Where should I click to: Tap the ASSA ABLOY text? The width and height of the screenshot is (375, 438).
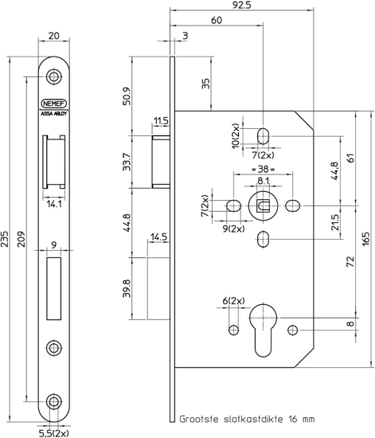(x=54, y=113)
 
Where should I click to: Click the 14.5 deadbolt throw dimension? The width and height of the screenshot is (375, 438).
(x=157, y=237)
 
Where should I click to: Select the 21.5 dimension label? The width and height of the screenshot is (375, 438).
(x=334, y=221)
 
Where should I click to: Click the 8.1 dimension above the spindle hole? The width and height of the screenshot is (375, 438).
(x=263, y=182)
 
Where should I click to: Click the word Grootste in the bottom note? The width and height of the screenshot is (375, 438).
(x=199, y=417)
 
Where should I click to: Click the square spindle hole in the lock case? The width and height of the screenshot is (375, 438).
(x=263, y=206)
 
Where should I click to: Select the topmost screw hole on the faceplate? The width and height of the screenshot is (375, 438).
(x=54, y=76)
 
